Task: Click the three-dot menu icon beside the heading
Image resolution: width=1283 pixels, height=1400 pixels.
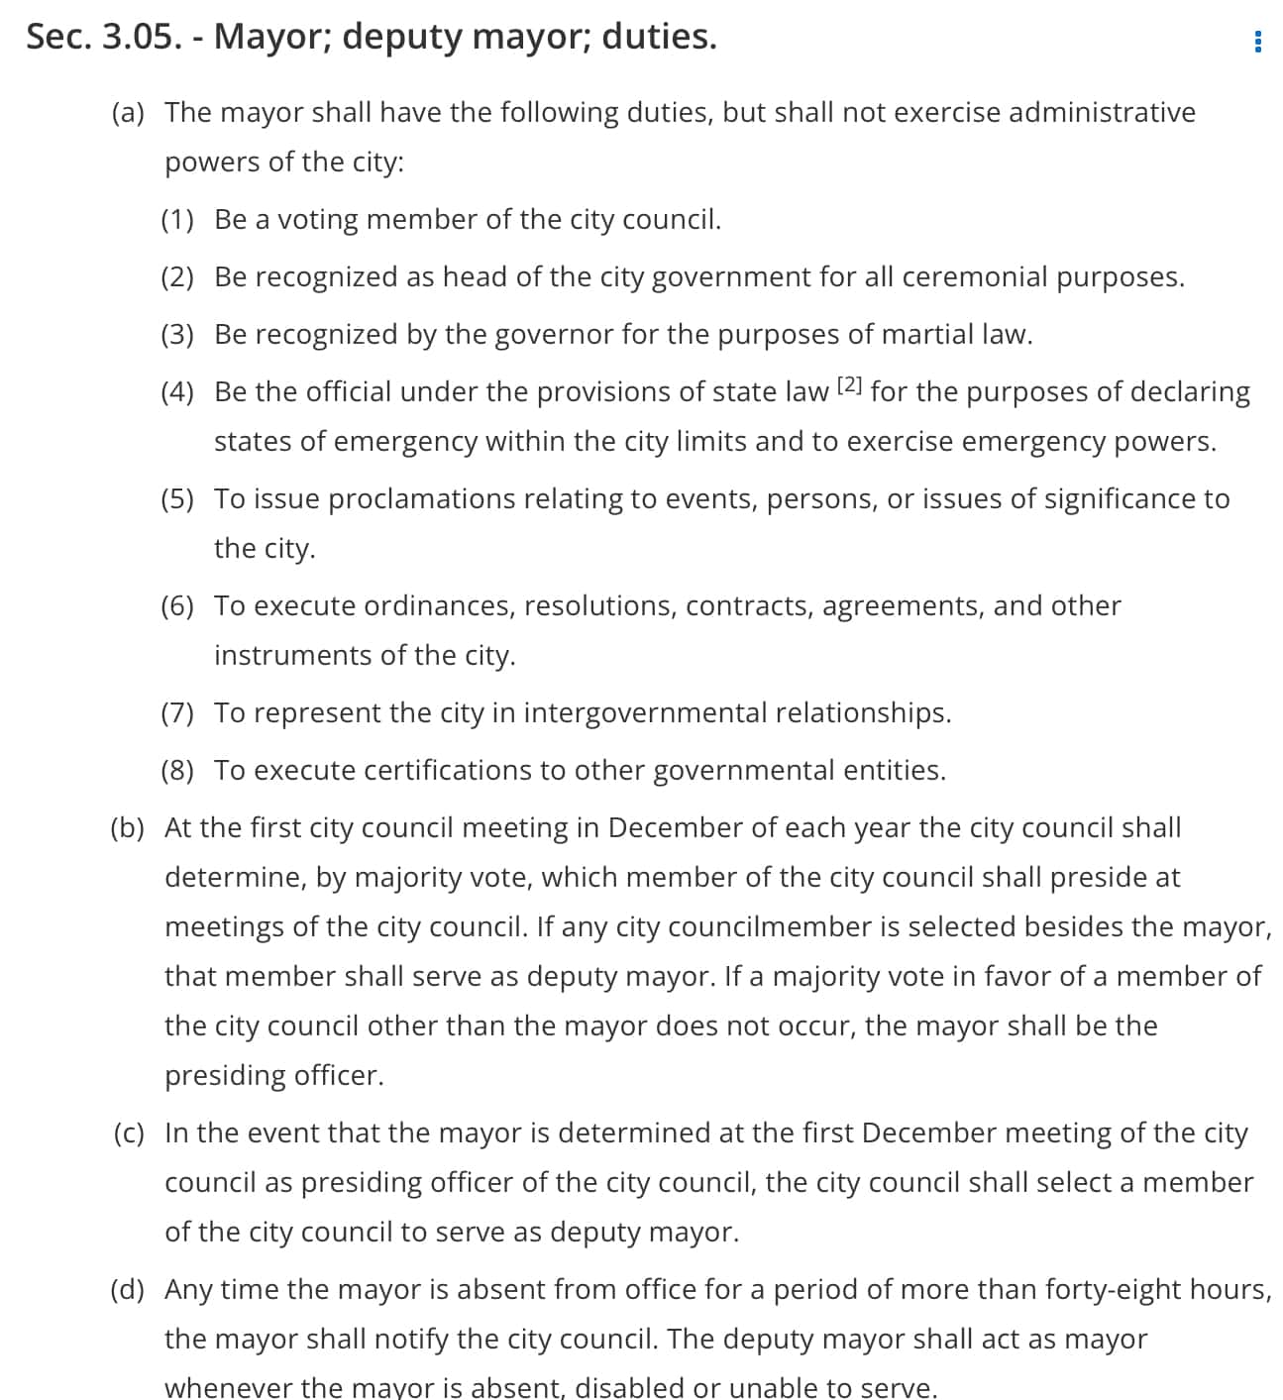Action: pos(1257,42)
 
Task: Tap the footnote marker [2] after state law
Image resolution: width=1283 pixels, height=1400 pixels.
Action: pos(850,385)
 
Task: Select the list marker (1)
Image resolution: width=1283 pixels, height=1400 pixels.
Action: pos(177,219)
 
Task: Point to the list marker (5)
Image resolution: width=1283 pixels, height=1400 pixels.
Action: pos(177,498)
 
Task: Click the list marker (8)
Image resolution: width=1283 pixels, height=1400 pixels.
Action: pos(177,770)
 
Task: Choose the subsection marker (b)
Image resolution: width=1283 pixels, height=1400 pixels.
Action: pos(127,827)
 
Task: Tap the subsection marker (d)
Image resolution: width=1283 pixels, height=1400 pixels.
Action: pos(127,1289)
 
